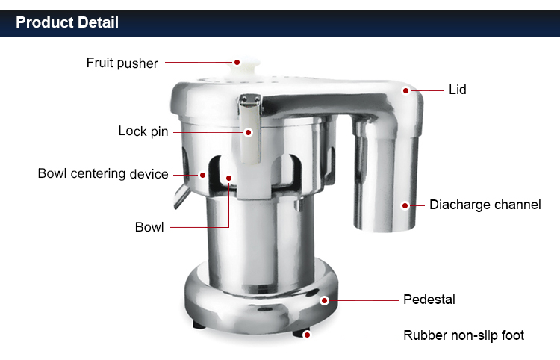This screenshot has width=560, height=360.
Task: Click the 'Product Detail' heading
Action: pos(67,22)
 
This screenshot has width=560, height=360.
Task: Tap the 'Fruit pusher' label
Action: pos(122,63)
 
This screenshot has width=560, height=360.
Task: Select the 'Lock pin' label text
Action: pos(143,131)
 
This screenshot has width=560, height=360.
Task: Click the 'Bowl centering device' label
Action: pos(103,173)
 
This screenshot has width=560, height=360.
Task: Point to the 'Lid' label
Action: pos(458,90)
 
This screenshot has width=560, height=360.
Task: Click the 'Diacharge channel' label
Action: pos(485,205)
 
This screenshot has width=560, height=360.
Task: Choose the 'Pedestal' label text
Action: pos(429,300)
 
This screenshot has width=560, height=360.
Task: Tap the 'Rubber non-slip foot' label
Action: pos(464,335)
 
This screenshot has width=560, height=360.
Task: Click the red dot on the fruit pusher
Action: pos(237,63)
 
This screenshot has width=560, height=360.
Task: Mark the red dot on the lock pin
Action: pos(248,132)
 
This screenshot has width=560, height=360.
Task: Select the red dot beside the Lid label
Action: pos(405,90)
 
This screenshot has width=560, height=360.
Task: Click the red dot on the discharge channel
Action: pos(405,205)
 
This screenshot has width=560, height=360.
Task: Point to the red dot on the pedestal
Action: pos(324,300)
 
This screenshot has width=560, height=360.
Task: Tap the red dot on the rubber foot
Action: pos(307,335)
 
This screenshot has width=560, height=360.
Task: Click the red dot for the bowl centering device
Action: pos(202,175)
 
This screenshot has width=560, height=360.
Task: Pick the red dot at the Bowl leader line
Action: pos(229,178)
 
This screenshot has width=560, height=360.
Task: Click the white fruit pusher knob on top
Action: pos(246,66)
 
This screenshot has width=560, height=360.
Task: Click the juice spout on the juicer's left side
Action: pos(182,196)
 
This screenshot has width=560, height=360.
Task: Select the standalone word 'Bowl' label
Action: pos(149,227)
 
